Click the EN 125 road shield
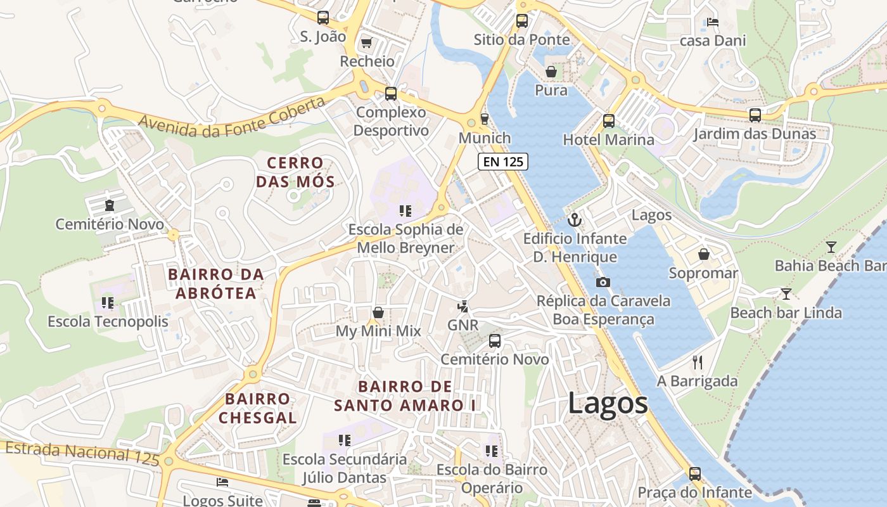(x=503, y=162)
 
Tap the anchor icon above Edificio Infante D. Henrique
(x=575, y=220)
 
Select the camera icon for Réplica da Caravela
(x=603, y=282)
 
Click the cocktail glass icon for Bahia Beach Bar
(x=831, y=247)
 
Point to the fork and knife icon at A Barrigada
(x=698, y=363)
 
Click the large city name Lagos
(x=608, y=403)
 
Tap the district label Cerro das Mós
(x=295, y=172)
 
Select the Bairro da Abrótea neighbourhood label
(x=216, y=283)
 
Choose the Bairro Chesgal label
(x=258, y=408)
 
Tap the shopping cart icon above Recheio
(x=366, y=43)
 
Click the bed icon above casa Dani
(x=713, y=22)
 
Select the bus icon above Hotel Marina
(x=609, y=120)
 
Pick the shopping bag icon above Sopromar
(x=704, y=254)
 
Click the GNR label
(x=463, y=324)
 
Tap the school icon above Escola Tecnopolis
(x=108, y=303)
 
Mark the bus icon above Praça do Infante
(x=695, y=473)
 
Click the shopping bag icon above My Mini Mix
(x=378, y=312)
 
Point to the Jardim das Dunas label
(x=754, y=134)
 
